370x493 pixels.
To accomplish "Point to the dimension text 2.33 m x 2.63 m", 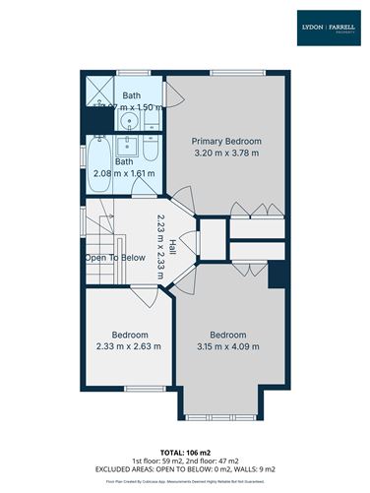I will [128, 346].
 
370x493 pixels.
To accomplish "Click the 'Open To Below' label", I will [115, 258].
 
